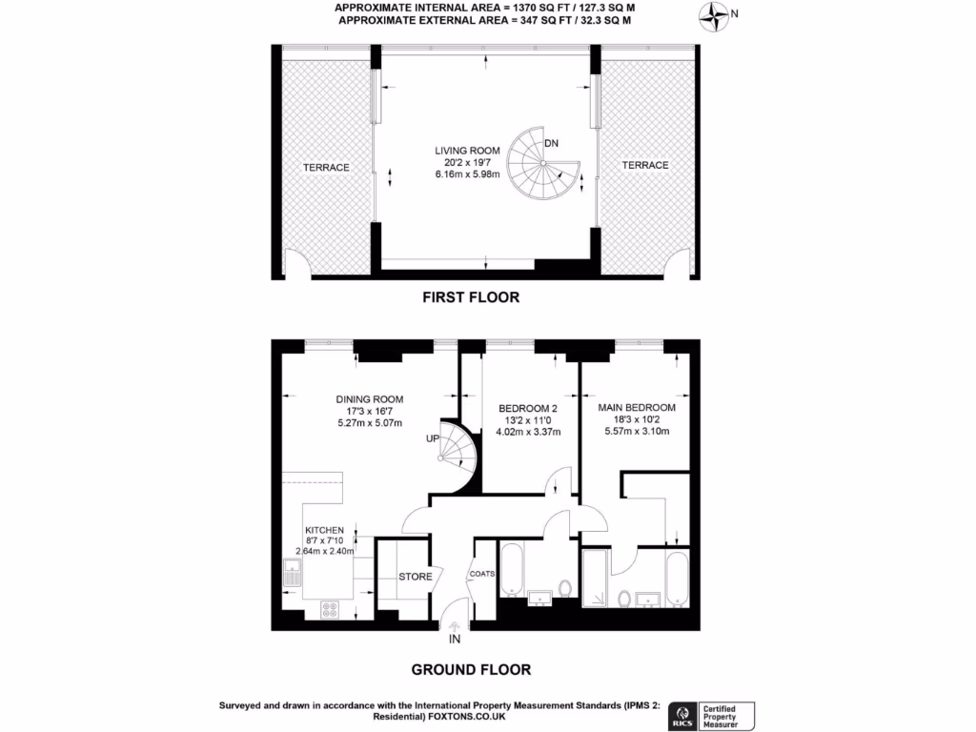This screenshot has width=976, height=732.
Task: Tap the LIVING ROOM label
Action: click(467, 151)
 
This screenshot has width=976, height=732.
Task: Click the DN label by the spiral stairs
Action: click(551, 144)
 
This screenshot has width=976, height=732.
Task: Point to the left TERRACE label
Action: click(326, 168)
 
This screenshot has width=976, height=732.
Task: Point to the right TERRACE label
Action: click(645, 166)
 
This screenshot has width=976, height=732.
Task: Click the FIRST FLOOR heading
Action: click(471, 297)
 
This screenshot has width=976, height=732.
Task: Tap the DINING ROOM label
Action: click(370, 399)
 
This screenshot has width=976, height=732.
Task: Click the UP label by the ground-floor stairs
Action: click(432, 439)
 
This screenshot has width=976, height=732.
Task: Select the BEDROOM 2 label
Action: click(530, 409)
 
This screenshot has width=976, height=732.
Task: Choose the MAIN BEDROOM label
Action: click(636, 408)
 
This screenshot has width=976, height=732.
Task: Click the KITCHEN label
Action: click(324, 530)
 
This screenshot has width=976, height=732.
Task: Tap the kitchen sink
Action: click(292, 573)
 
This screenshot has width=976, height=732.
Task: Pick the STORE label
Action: click(415, 577)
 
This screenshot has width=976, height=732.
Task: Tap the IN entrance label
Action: click(455, 639)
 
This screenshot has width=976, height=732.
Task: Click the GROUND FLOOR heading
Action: click(471, 670)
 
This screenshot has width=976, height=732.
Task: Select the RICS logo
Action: click(682, 715)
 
